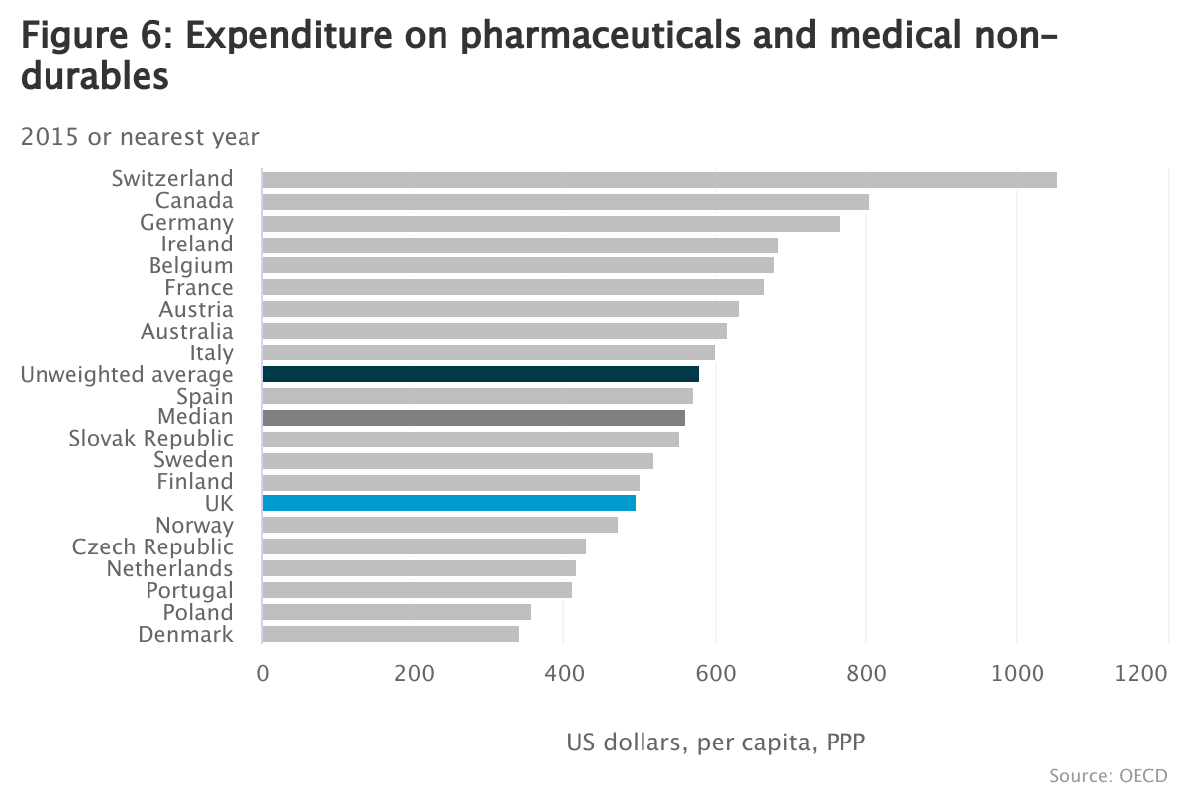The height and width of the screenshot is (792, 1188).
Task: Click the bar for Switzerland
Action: pyautogui.click(x=659, y=180)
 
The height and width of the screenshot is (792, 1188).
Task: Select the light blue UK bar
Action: pyautogui.click(x=449, y=503)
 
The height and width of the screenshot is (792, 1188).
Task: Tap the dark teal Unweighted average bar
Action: pyautogui.click(x=481, y=374)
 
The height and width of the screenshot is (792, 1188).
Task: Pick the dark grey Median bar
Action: pyautogui.click(x=474, y=418)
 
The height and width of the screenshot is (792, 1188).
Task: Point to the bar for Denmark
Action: pyautogui.click(x=391, y=634)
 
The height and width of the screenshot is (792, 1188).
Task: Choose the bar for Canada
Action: pyautogui.click(x=566, y=202)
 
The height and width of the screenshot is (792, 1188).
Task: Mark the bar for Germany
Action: pyautogui.click(x=551, y=224)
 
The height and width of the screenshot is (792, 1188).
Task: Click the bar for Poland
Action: pyautogui.click(x=397, y=612)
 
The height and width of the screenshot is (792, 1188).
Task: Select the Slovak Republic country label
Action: pyautogui.click(x=151, y=439)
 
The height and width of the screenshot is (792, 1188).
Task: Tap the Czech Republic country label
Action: pyautogui.click(x=153, y=547)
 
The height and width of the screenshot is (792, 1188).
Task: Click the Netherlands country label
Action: pyautogui.click(x=170, y=569)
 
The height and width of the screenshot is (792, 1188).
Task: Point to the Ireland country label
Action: pyautogui.click(x=197, y=245)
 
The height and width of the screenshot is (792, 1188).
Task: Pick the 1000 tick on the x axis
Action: pyautogui.click(x=1017, y=674)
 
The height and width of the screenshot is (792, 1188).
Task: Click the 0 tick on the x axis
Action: pyautogui.click(x=263, y=674)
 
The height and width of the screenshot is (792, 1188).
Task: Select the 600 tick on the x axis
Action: pyautogui.click(x=715, y=674)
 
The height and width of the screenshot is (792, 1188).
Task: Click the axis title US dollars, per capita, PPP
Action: pyautogui.click(x=716, y=742)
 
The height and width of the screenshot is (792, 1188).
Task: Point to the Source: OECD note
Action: pyautogui.click(x=1109, y=775)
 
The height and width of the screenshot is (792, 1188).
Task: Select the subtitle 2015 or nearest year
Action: pyautogui.click(x=140, y=137)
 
